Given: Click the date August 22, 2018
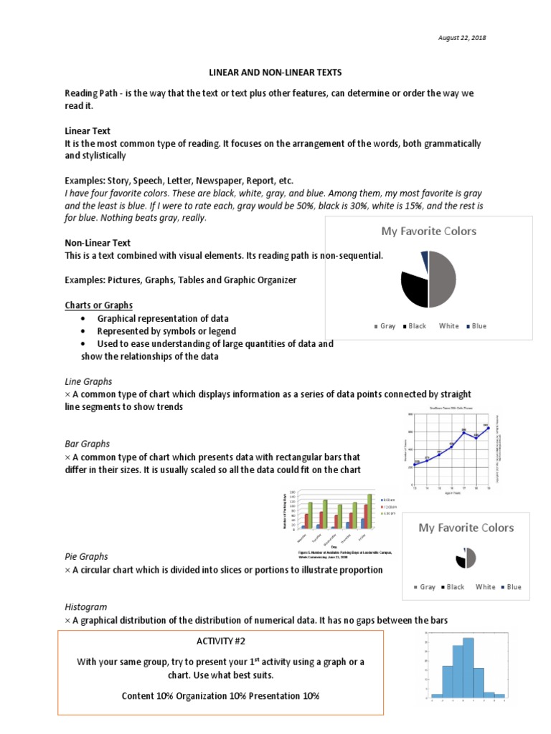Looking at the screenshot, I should (462, 38).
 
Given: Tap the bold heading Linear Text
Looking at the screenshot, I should (88, 131).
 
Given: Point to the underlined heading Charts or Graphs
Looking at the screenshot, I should (98, 305).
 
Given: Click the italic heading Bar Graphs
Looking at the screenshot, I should (87, 444).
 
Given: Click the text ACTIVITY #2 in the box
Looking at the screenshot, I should (220, 641).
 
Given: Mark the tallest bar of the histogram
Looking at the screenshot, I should (468, 666).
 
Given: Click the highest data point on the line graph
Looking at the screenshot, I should (486, 428).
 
